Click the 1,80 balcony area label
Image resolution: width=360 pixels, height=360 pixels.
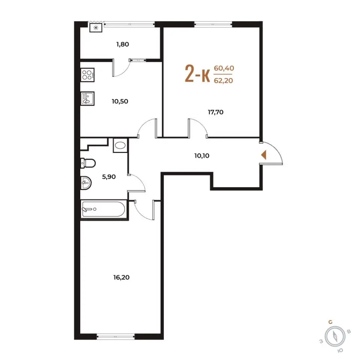pyautogui.click(x=123, y=44)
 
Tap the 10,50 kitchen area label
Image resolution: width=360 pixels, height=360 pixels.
pyautogui.click(x=120, y=101)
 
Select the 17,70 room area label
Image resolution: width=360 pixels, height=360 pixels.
pyautogui.click(x=216, y=112)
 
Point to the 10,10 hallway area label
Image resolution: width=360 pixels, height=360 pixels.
pyautogui.click(x=202, y=156)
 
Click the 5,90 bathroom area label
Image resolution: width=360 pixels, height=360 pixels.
pyautogui.click(x=109, y=177)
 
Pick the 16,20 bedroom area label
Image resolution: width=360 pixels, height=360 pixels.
pyautogui.click(x=121, y=277)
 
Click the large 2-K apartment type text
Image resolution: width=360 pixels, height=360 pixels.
pyautogui.click(x=198, y=73)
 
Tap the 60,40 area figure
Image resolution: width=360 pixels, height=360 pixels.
pyautogui.click(x=224, y=68)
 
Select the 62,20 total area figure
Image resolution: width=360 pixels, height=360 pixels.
pyautogui.click(x=223, y=81)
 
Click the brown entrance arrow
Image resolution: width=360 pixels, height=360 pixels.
pyautogui.click(x=264, y=155)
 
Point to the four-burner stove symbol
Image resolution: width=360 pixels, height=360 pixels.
pyautogui.click(x=87, y=75)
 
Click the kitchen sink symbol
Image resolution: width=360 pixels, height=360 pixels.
pyautogui.click(x=87, y=99)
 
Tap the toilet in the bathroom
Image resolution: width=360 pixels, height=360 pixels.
pyautogui.click(x=88, y=163)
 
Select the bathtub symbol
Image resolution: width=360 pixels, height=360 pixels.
pyautogui.click(x=103, y=209)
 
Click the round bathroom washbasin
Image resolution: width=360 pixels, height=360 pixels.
pyautogui.click(x=86, y=183)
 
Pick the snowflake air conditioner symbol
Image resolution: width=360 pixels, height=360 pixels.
pyautogui.click(x=96, y=28)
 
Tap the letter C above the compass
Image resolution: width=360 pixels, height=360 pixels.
pyautogui.click(x=330, y=322)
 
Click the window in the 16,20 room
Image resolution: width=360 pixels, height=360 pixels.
pyautogui.click(x=116, y=337)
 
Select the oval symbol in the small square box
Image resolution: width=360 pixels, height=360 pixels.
pyautogui.click(x=120, y=145)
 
